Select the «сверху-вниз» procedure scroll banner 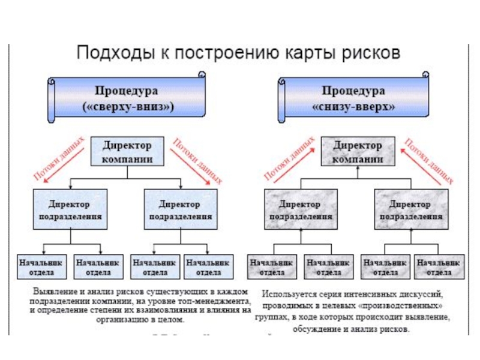127,99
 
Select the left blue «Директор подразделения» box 70,209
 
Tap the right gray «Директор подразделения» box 410,209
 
